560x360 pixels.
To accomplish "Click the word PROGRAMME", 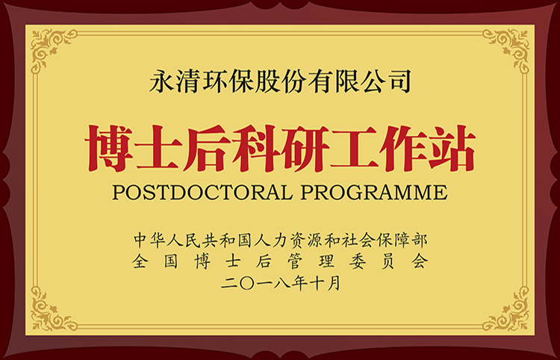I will pos(373,192).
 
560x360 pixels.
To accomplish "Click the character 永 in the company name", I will pos(161,79).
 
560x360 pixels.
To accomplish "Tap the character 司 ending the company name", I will pos(399,79).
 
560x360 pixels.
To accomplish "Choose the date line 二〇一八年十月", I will pos(281,284).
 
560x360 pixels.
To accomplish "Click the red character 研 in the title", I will pos(304,147).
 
